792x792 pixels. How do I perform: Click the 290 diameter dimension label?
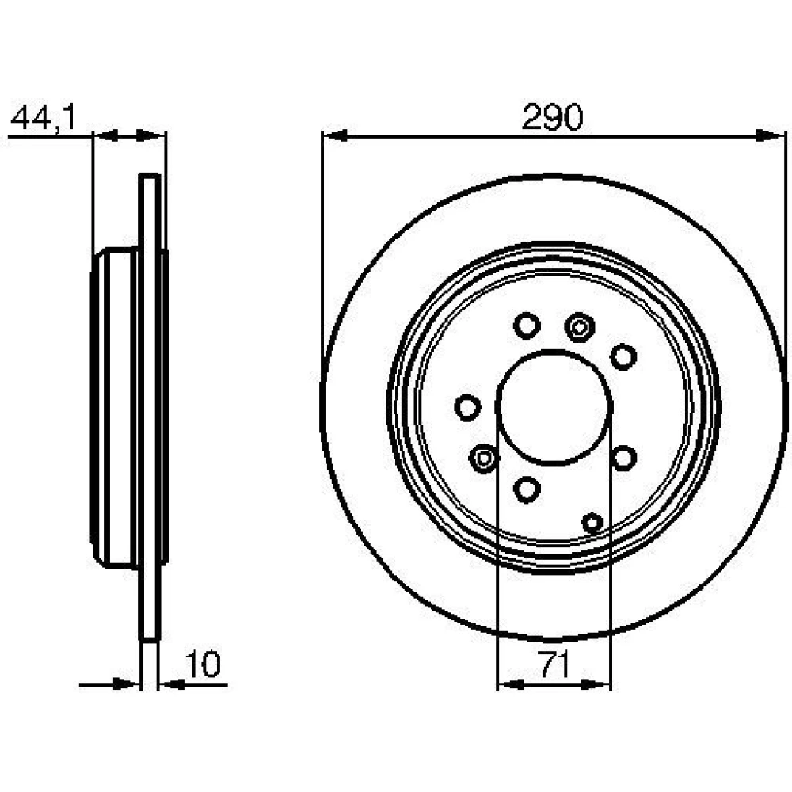point(552,116)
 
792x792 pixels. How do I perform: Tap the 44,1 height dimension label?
point(43,118)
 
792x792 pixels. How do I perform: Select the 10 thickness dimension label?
point(203,664)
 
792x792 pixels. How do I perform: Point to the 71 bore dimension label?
point(554,664)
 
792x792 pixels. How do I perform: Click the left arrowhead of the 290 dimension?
point(335,135)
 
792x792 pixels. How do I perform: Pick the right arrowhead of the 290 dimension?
point(771,135)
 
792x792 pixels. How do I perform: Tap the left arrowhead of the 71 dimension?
point(510,685)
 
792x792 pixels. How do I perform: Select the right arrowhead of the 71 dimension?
point(596,685)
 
